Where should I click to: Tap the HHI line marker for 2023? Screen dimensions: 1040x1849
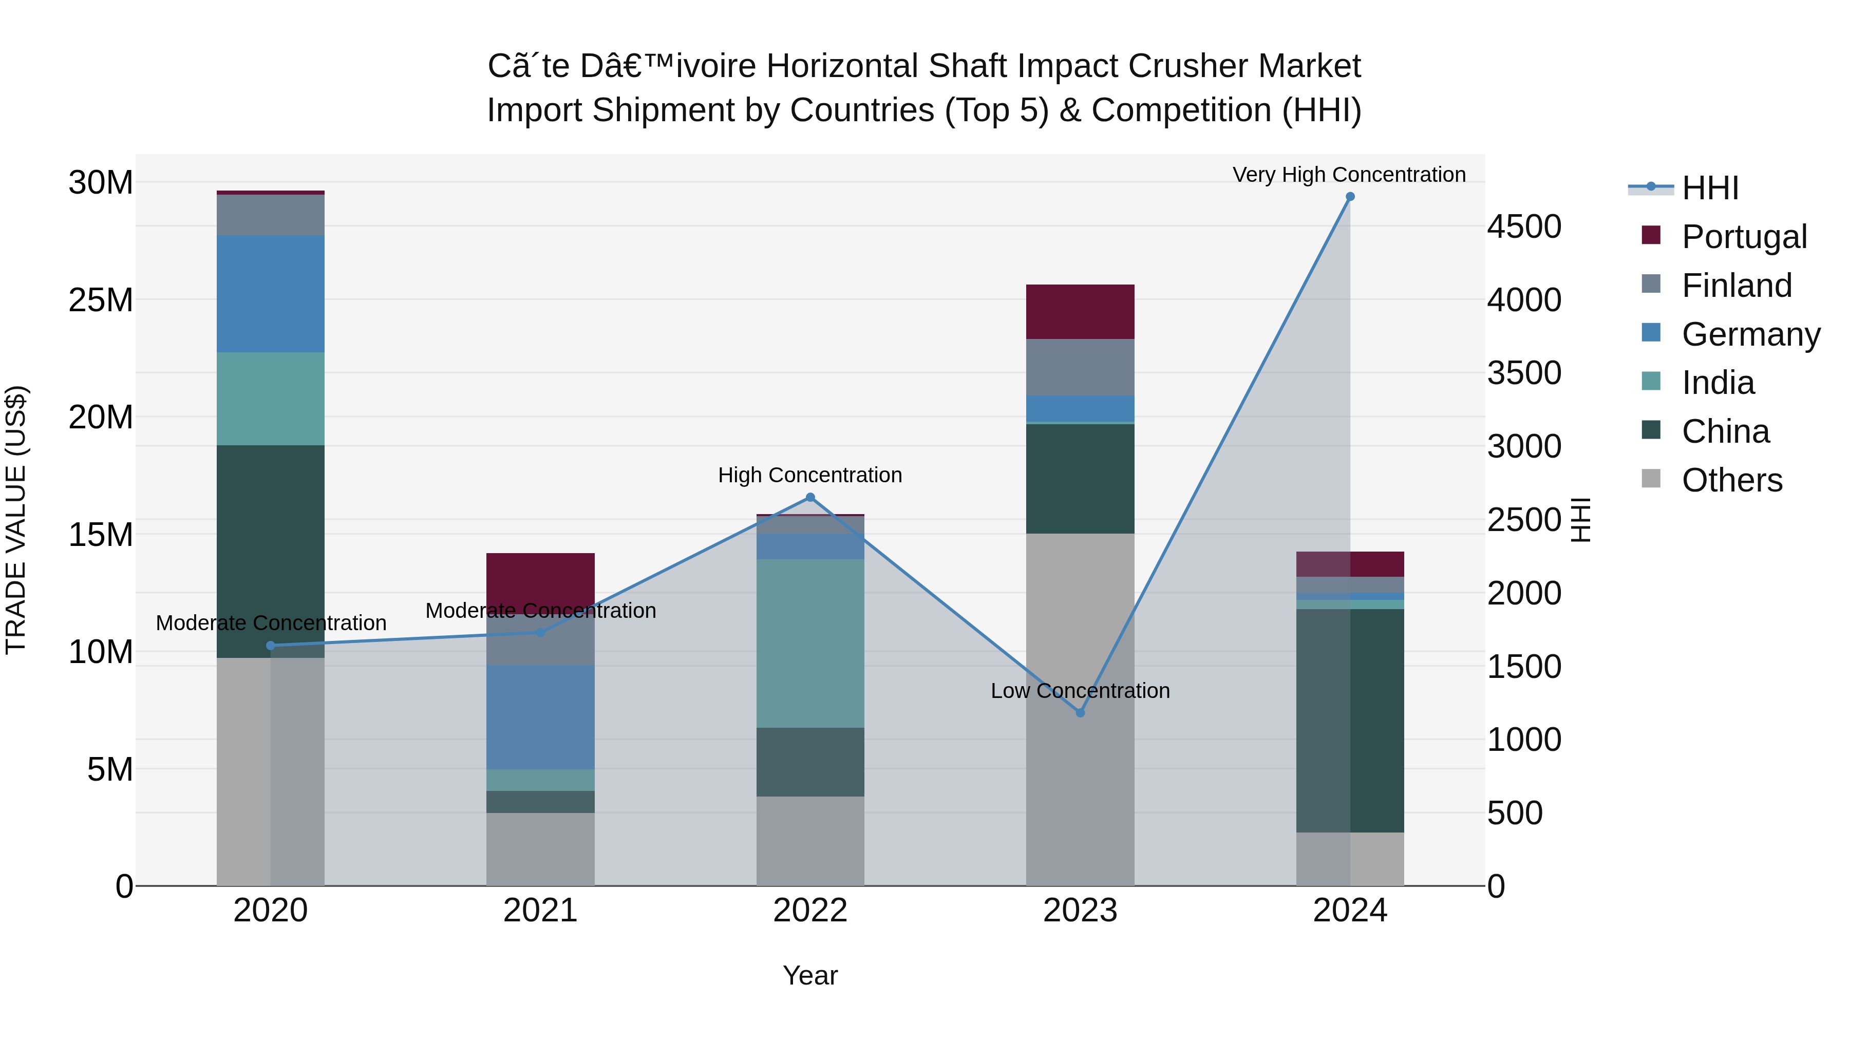(x=1080, y=713)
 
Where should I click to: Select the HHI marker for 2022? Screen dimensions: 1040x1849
(x=810, y=497)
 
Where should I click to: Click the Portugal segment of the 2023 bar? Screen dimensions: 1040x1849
(x=1080, y=312)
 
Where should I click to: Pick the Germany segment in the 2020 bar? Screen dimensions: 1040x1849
(x=271, y=294)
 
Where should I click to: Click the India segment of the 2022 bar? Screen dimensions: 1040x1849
(x=810, y=643)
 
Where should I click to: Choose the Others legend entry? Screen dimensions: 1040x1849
(x=1731, y=480)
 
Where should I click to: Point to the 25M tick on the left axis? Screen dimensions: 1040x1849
(x=101, y=300)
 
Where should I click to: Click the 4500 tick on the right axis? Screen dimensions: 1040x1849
(x=1524, y=227)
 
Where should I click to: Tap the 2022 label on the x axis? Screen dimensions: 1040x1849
(x=810, y=911)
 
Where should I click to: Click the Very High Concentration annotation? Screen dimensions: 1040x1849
(x=1349, y=175)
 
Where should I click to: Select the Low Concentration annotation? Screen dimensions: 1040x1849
(x=1080, y=690)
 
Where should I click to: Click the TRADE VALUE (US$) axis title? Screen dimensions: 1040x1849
(x=16, y=520)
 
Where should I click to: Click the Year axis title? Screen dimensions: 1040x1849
(x=810, y=975)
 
